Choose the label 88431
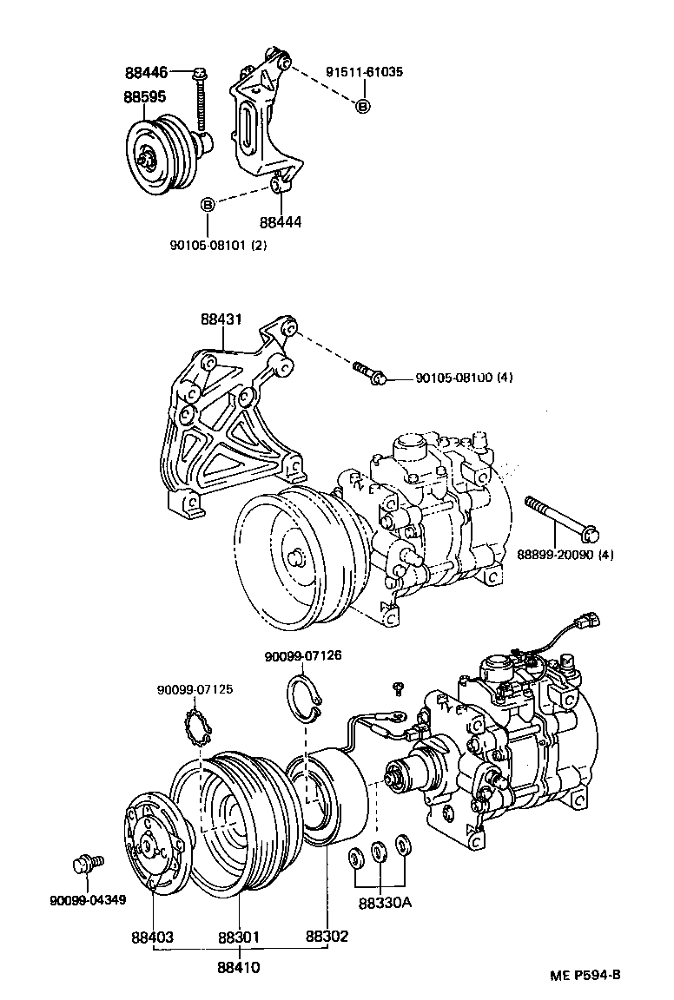[x=220, y=319]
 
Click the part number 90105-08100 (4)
[x=466, y=378]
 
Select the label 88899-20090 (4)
[x=565, y=554]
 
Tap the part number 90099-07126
[x=303, y=656]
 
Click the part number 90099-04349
[x=88, y=900]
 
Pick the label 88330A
[x=383, y=903]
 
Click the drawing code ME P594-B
[x=585, y=975]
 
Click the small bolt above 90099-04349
[x=85, y=865]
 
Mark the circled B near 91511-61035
[x=362, y=106]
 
